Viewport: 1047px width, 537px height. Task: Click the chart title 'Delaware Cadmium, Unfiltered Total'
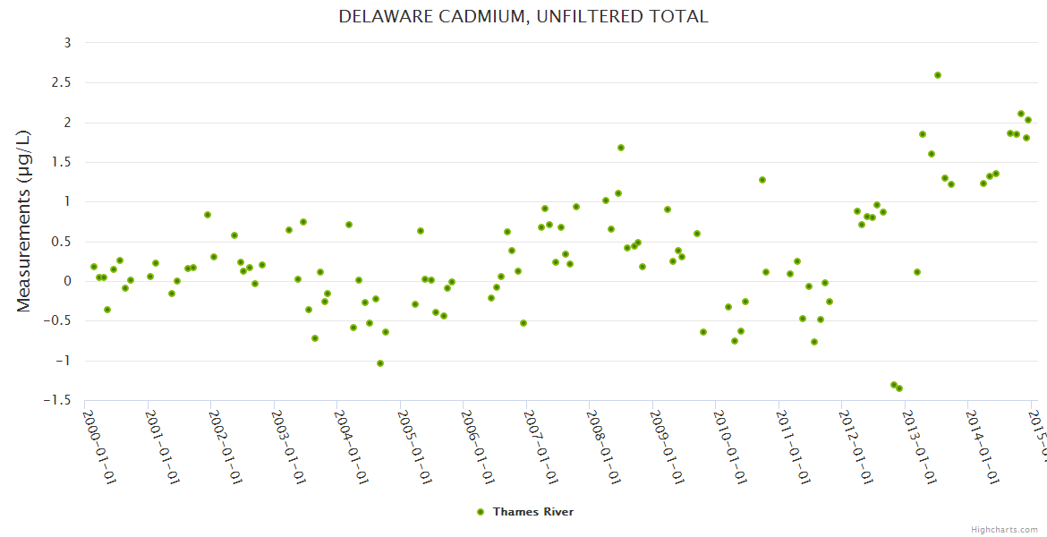point(523,16)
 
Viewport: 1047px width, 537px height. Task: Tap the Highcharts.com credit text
point(1004,530)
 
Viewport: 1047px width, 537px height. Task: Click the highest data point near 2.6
point(938,75)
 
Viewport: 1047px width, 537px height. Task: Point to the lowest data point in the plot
point(899,388)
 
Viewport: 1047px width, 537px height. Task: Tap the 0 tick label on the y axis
point(68,281)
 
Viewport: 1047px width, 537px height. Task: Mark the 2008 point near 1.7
point(621,148)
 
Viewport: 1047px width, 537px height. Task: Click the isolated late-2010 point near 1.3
point(762,180)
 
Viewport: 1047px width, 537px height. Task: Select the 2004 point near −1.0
point(380,363)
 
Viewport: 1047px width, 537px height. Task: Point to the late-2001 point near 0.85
point(208,215)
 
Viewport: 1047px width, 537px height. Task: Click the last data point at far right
point(1028,120)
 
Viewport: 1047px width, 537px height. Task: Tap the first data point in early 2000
point(94,267)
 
